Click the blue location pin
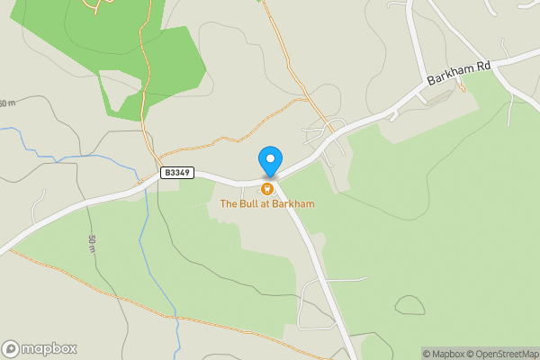click(269, 161)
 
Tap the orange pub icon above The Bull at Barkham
click(267, 189)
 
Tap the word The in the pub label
click(229, 204)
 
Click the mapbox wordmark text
click(49, 348)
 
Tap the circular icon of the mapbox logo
click(11, 348)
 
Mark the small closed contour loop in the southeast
click(409, 305)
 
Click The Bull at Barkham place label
click(267, 204)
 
